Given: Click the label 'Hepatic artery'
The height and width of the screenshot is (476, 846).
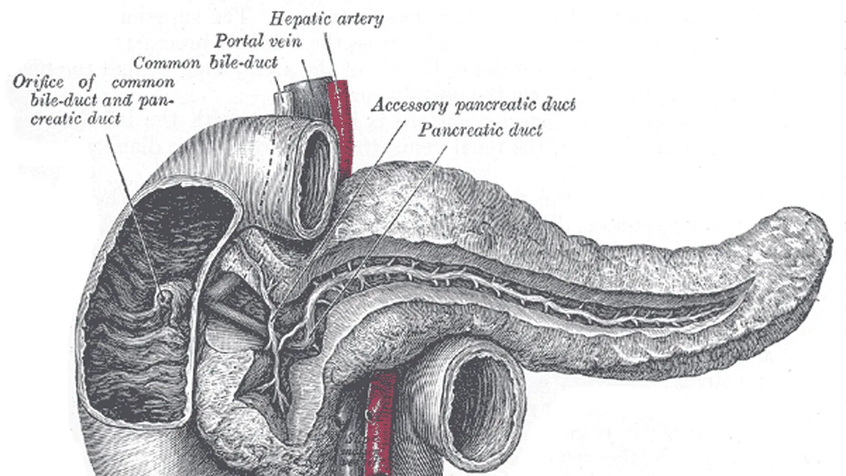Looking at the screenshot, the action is (326, 20).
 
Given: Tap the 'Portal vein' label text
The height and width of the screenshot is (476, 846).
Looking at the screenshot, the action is (257, 41).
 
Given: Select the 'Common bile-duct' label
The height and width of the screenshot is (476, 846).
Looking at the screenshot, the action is (205, 63).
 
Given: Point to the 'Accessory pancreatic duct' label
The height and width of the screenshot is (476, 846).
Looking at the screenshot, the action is (473, 105).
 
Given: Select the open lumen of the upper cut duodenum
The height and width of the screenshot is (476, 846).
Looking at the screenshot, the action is (316, 180).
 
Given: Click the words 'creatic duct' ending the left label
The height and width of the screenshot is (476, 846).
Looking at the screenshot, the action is (76, 118).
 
